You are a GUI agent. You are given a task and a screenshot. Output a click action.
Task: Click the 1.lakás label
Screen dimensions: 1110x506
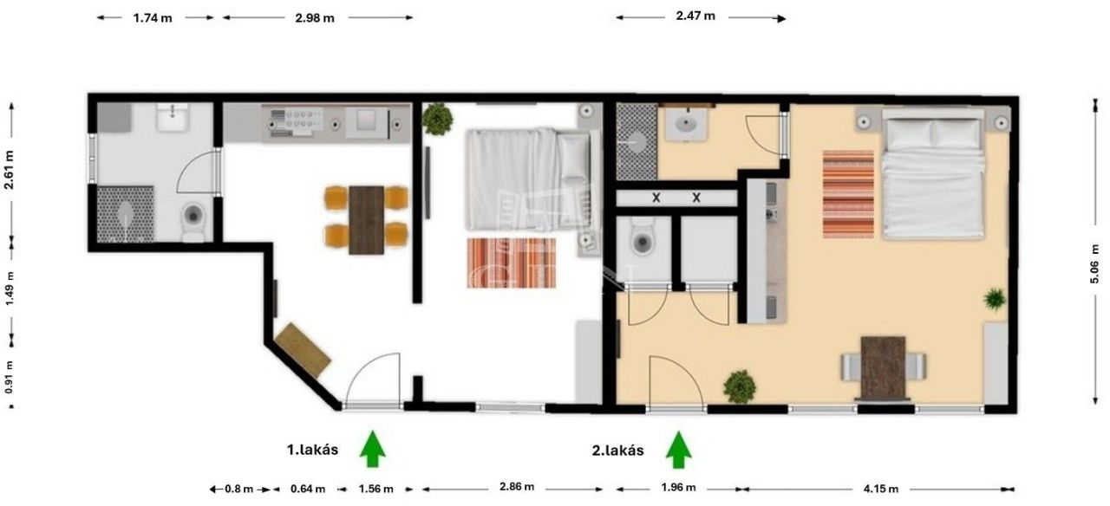tap(312, 450)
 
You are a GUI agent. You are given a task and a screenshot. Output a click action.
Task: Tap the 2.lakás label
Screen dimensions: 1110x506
tap(618, 451)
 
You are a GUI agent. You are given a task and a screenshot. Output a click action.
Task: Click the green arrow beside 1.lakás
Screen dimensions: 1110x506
tap(372, 449)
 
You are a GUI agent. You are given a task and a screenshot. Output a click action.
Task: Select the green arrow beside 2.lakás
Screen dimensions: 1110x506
tap(678, 450)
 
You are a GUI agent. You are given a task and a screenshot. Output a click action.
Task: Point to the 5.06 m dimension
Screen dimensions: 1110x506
tap(1094, 271)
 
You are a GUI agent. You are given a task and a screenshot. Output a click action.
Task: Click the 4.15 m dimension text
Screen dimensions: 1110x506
tap(880, 490)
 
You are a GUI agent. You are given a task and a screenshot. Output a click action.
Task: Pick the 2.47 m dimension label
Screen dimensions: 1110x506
tap(695, 16)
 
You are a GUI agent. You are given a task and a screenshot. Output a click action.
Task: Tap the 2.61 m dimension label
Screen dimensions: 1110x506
tap(9, 170)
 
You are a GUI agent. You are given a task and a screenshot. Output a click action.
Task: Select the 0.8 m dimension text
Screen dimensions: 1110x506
tap(238, 490)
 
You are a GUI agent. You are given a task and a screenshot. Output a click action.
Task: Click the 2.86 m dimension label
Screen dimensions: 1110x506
tap(517, 487)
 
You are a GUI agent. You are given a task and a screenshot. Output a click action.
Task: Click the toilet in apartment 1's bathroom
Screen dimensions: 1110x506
tap(193, 221)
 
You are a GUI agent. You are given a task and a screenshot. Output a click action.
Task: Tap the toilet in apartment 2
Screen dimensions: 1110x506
tap(643, 237)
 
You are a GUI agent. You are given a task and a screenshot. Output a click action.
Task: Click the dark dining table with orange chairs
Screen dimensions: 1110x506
tap(366, 220)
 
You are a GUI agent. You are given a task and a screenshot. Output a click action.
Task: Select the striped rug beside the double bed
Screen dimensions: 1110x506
tap(848, 194)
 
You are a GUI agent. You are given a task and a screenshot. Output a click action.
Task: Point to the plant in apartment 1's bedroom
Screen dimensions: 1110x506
tap(437, 119)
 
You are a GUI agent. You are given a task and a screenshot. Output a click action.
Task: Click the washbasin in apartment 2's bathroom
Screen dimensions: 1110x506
tap(686, 124)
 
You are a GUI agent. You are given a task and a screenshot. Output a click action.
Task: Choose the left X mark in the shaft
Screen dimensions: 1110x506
tap(656, 198)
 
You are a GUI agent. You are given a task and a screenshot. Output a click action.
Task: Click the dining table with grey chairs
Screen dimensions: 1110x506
tap(883, 367)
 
